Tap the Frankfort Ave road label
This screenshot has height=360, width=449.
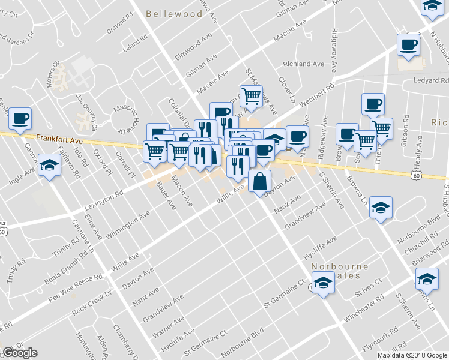58,138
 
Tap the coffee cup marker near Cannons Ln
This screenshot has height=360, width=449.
19,118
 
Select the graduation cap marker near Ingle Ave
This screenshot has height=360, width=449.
49,165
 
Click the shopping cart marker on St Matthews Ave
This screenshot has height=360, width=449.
251,96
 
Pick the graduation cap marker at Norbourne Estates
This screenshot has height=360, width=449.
323,282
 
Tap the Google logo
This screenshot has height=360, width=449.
20,353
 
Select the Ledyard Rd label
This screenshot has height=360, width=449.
430,81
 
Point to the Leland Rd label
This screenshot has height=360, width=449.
134,44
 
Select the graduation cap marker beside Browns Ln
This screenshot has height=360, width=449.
380,208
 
